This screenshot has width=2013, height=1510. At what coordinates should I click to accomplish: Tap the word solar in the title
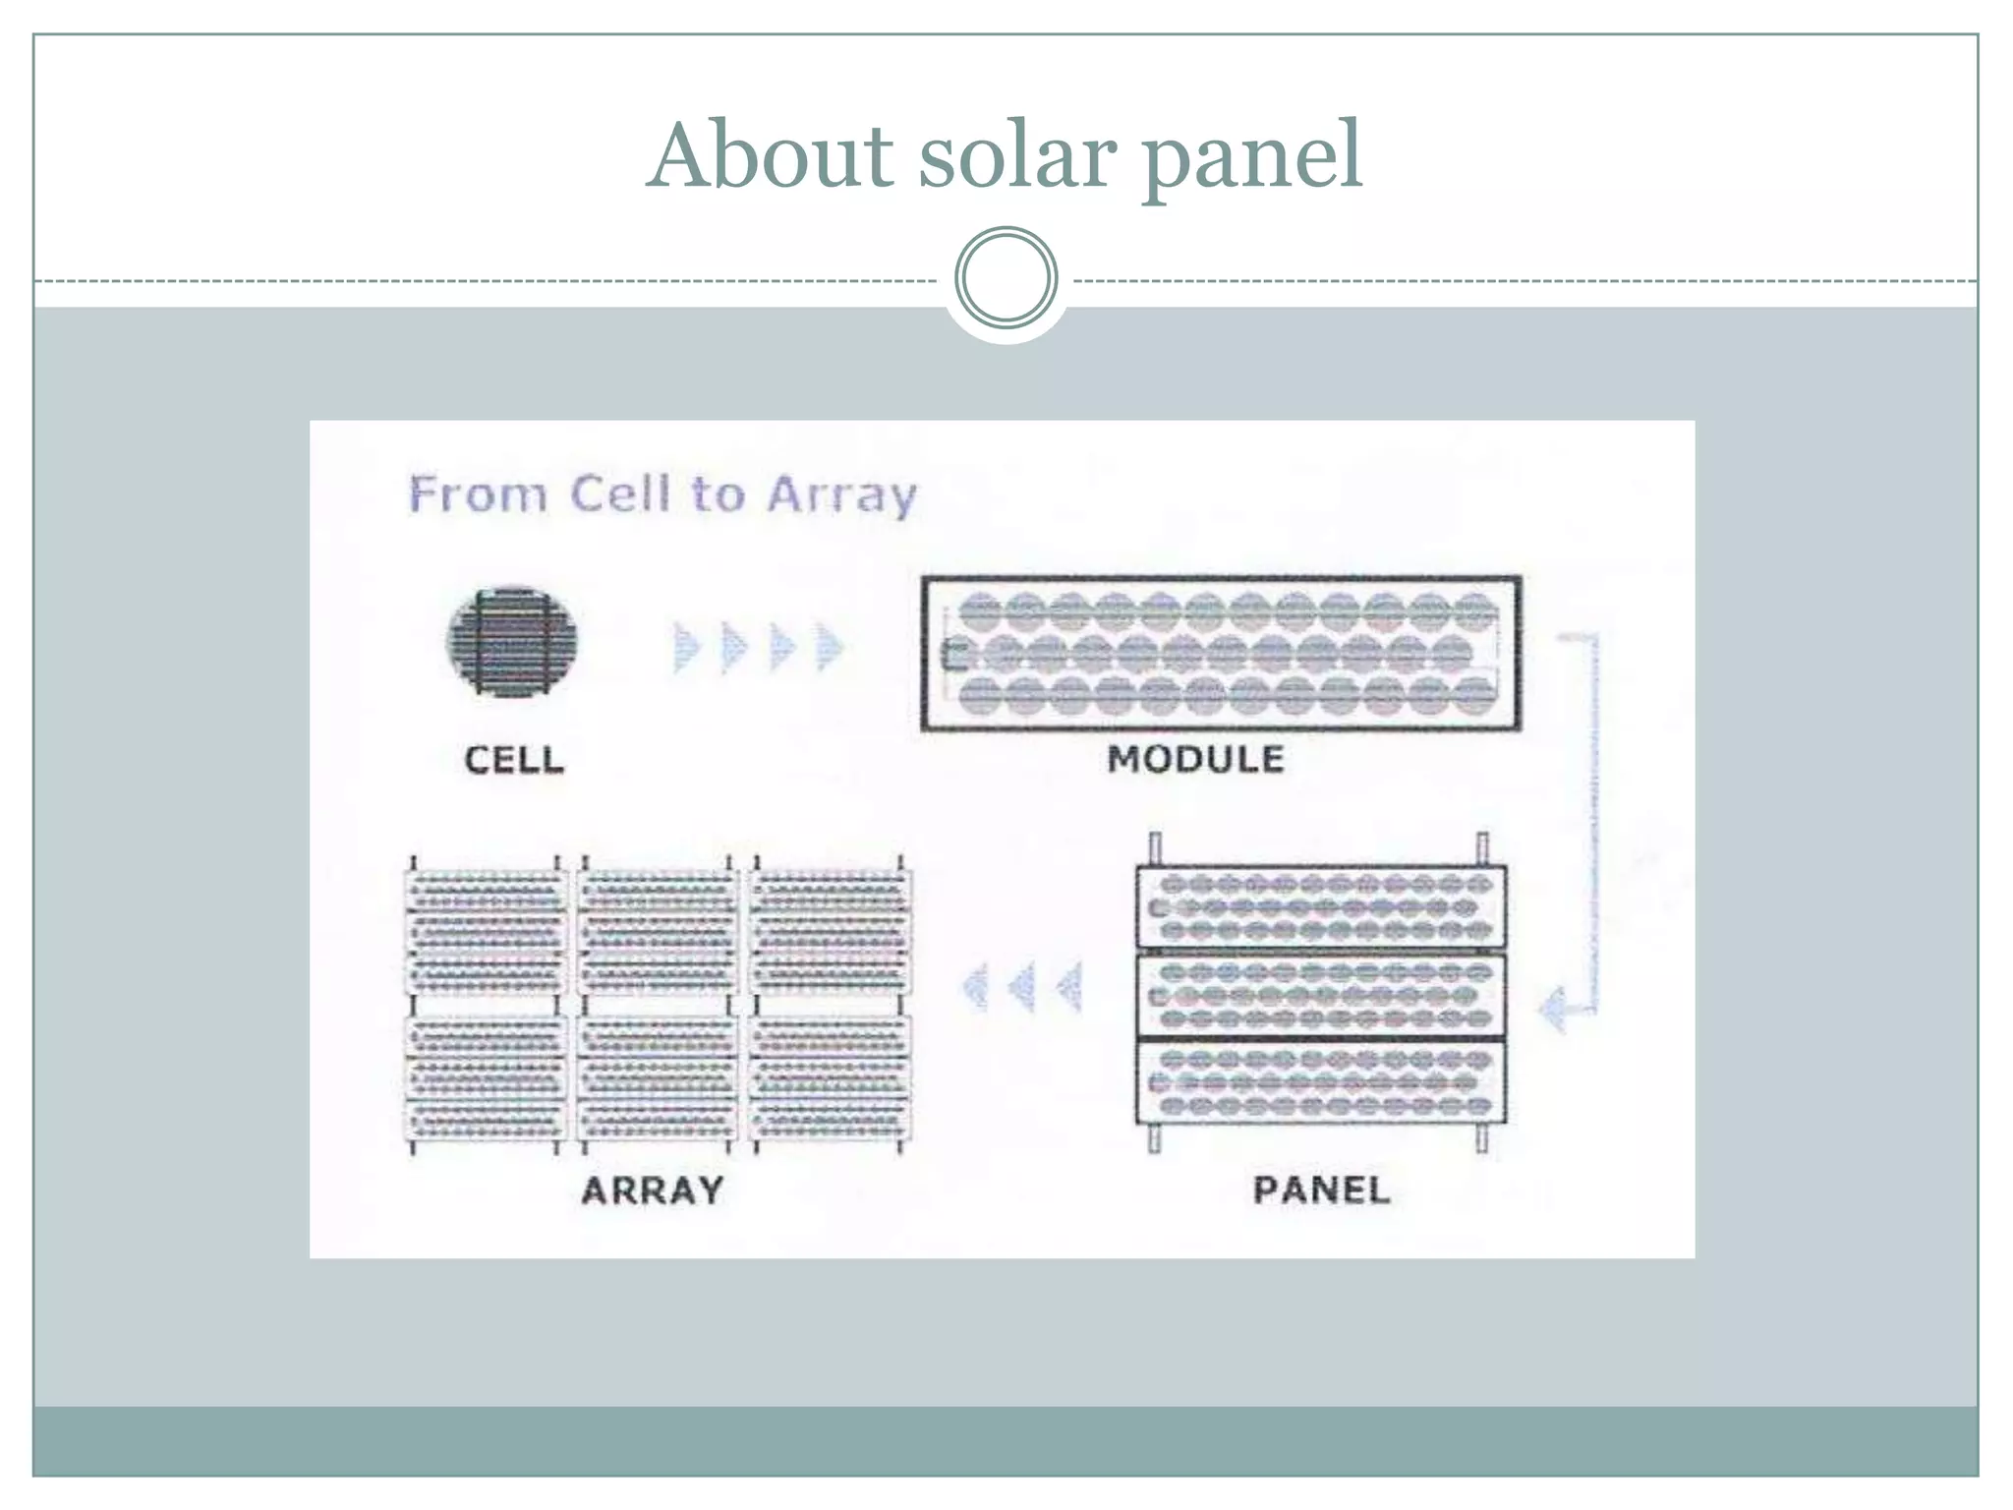click(1017, 157)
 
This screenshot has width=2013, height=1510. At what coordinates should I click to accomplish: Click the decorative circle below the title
click(1006, 277)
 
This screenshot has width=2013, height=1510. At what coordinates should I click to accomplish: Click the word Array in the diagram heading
click(841, 494)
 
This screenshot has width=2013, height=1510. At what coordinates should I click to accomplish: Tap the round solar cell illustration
click(511, 643)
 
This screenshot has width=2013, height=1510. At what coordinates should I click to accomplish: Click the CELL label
click(514, 759)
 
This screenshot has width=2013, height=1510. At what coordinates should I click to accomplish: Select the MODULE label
click(1195, 759)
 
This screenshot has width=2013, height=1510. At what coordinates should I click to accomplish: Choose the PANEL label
click(1321, 1190)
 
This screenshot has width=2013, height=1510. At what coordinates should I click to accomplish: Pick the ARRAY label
click(653, 1191)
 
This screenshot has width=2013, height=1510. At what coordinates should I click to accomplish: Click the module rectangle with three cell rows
click(1221, 654)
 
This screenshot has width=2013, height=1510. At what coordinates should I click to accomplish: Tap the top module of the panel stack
click(1321, 907)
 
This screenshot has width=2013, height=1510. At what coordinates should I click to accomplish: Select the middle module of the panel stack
click(1321, 995)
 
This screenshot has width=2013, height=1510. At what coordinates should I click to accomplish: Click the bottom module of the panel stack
click(1321, 1082)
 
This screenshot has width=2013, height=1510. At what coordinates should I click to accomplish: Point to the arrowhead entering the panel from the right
click(1553, 1008)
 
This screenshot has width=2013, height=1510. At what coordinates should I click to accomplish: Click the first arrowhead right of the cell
click(686, 647)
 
